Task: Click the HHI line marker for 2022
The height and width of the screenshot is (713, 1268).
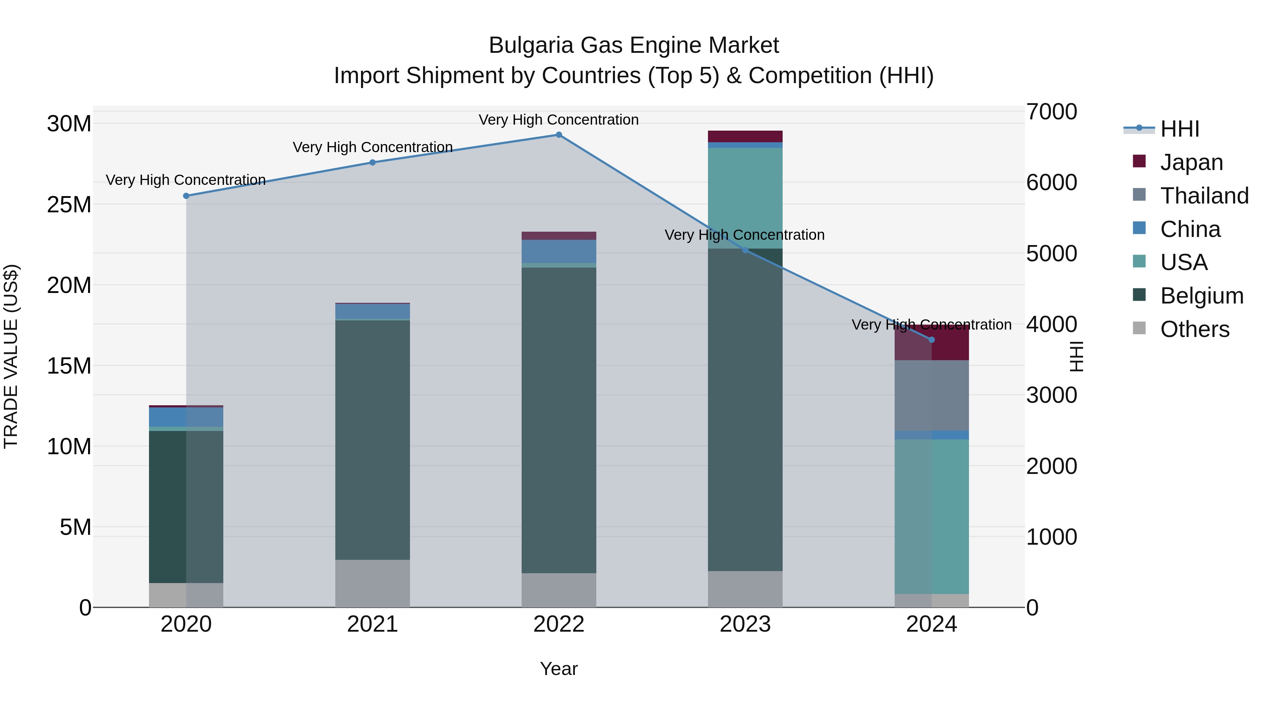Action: point(559,135)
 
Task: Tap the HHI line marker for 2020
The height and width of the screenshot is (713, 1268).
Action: point(186,196)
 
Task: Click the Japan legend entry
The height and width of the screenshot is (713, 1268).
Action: point(1191,162)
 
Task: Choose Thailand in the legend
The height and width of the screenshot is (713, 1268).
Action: point(1204,196)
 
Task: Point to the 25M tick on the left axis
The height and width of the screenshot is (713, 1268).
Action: point(69,205)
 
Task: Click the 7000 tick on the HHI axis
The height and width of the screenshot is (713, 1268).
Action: point(1051,112)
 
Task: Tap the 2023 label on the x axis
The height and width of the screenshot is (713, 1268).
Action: point(745,624)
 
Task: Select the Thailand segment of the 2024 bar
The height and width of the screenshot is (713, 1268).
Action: point(931,396)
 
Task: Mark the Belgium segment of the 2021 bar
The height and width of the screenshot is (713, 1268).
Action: point(372,439)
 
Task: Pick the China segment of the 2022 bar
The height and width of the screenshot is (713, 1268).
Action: point(559,251)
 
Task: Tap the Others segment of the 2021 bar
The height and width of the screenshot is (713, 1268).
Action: point(372,583)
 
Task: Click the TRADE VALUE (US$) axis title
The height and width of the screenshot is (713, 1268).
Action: point(11,356)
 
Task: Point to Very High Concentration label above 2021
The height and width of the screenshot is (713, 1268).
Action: point(372,147)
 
